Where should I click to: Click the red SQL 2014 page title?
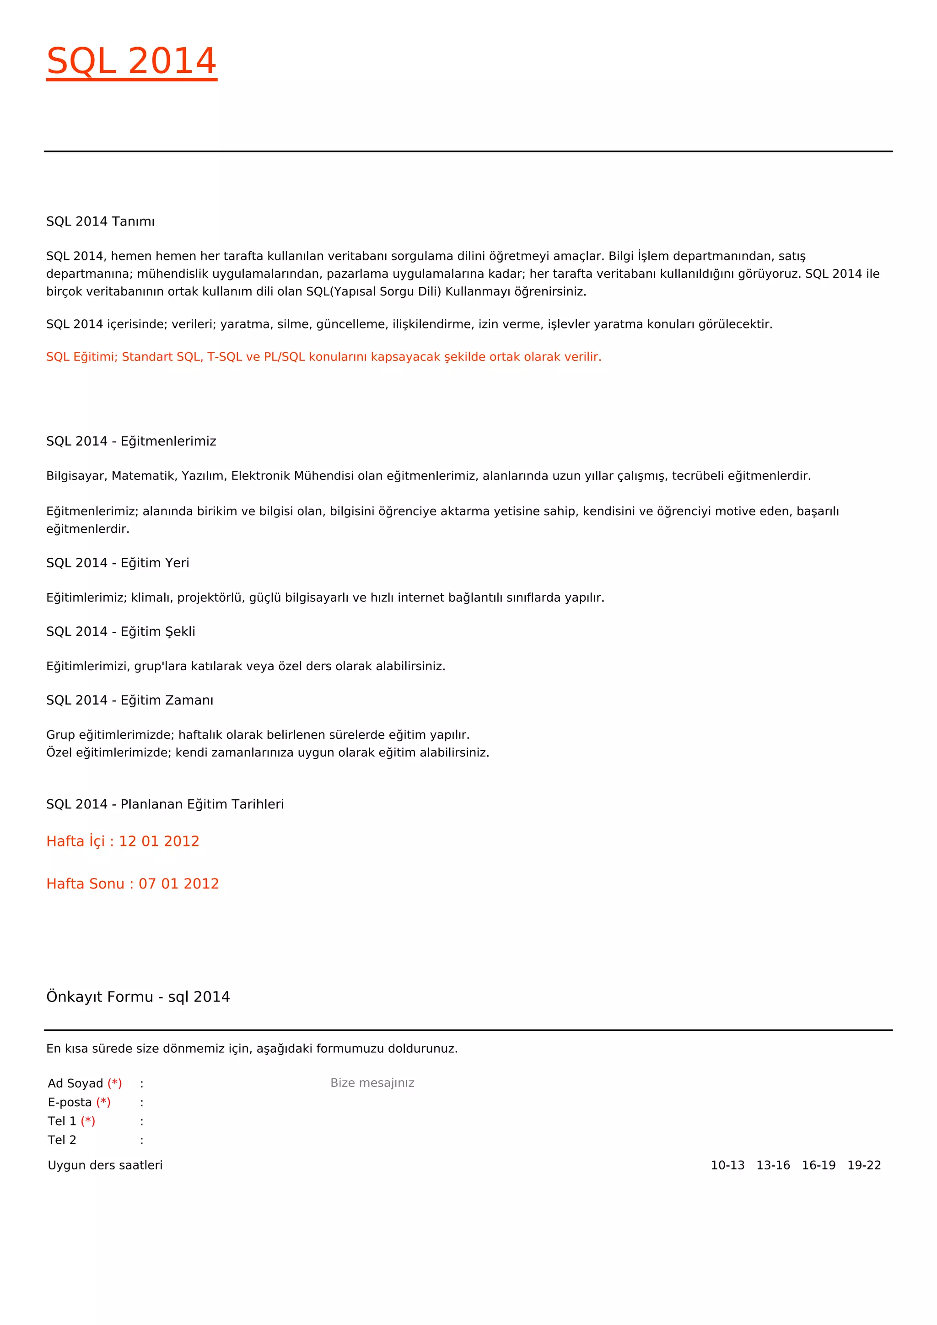(x=132, y=61)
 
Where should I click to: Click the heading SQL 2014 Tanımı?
(x=100, y=221)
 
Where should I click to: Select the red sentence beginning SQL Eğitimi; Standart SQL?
(x=323, y=356)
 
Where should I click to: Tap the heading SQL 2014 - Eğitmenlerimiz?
(x=131, y=442)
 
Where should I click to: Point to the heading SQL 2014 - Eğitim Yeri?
(x=118, y=563)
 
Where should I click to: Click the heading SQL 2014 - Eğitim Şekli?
(x=121, y=631)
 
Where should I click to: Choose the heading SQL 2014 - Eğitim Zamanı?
(x=130, y=700)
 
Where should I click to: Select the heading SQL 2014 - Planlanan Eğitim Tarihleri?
(x=165, y=804)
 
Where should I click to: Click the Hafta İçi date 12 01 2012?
(x=159, y=841)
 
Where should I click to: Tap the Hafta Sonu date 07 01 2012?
(x=178, y=883)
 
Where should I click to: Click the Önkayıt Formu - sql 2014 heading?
(x=138, y=996)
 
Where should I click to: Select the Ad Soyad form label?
(x=75, y=1083)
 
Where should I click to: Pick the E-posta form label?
(x=70, y=1102)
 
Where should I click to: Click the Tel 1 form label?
(x=62, y=1121)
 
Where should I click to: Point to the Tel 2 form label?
(x=62, y=1140)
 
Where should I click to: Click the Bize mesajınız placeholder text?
(x=372, y=1083)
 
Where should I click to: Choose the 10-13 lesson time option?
(x=727, y=1165)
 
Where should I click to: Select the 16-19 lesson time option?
(x=819, y=1165)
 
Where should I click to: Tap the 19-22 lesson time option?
(x=864, y=1165)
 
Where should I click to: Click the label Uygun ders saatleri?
(x=105, y=1165)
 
